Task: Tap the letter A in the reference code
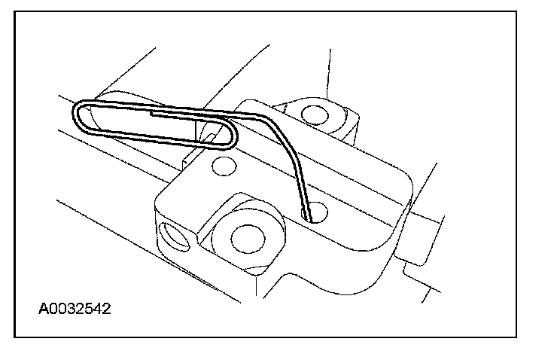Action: pos(44,309)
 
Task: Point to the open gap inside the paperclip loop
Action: pos(151,124)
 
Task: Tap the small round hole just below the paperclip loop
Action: pos(223,163)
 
